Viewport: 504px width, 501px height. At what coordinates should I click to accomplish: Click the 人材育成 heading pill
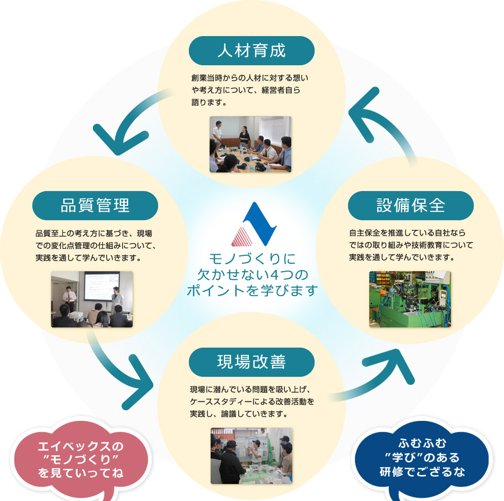coord(251,50)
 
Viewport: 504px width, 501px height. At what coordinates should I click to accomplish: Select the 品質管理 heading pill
coord(95,205)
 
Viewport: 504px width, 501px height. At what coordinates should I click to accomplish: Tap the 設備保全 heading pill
coord(411,205)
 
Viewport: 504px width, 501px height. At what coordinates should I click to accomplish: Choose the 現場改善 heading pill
coord(251,362)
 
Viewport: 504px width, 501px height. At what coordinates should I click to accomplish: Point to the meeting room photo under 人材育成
coord(250,144)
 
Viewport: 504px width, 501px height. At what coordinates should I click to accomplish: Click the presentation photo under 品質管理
coord(92,299)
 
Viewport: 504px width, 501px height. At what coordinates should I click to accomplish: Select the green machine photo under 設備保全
coord(410,299)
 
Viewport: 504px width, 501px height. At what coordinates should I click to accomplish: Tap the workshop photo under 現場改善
coord(251,455)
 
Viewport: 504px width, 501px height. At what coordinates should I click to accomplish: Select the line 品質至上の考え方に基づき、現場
coord(94,234)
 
